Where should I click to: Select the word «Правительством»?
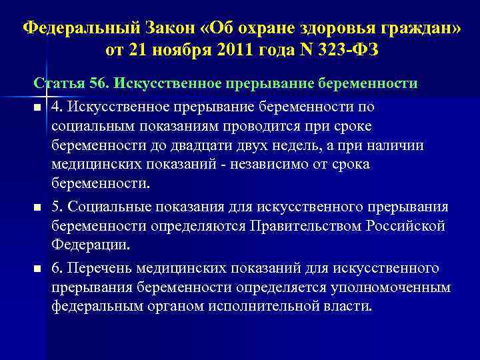tap(305, 225)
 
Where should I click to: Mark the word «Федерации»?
tap(89, 244)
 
